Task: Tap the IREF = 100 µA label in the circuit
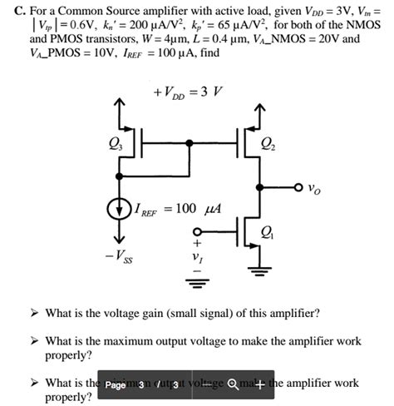(178, 205)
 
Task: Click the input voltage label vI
(197, 259)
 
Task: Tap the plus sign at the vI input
(197, 245)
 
